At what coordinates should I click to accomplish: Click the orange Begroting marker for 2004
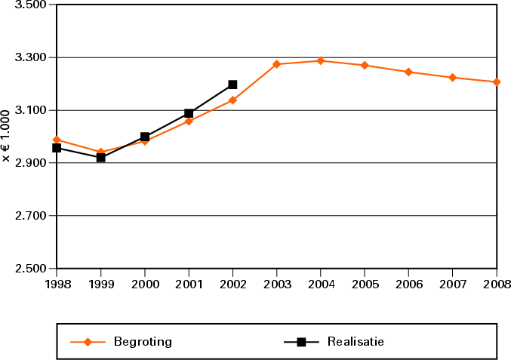click(321, 60)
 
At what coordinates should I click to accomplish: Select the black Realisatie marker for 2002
click(232, 85)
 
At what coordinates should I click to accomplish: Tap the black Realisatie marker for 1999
click(100, 158)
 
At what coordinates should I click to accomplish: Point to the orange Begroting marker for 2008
click(497, 82)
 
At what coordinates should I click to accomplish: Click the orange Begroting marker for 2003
click(277, 64)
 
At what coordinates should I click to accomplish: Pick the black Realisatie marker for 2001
click(189, 113)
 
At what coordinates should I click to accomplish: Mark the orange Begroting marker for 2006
click(408, 72)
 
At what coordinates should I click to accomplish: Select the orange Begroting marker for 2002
click(232, 100)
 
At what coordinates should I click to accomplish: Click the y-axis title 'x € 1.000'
click(7, 136)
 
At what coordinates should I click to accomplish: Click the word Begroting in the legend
click(143, 341)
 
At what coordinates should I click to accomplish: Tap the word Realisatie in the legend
click(356, 341)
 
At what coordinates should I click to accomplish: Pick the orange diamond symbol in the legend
click(88, 342)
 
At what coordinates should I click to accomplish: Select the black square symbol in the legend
click(301, 342)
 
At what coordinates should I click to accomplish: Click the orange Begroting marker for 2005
click(365, 65)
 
